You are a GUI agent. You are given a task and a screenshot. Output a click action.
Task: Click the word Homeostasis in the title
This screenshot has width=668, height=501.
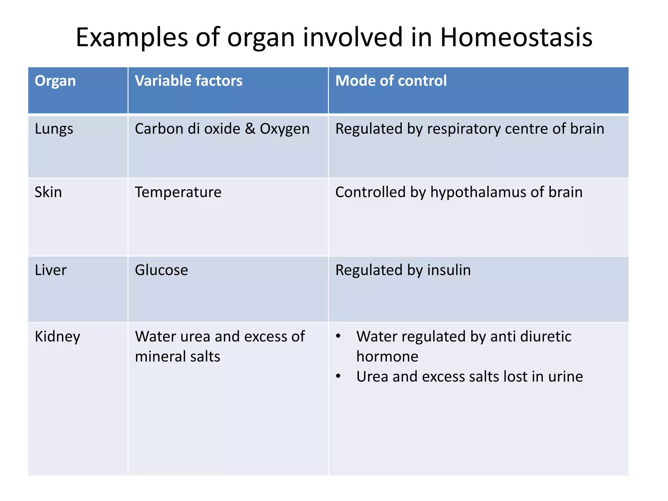pyautogui.click(x=516, y=38)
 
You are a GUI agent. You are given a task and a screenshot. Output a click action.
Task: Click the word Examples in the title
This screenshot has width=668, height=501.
pyautogui.click(x=132, y=38)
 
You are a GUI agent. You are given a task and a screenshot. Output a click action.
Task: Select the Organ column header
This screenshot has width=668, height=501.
pyautogui.click(x=55, y=81)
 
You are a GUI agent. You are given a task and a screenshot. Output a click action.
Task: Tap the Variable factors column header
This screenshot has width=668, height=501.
pyautogui.click(x=189, y=81)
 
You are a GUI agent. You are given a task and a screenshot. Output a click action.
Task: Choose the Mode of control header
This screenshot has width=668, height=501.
pyautogui.click(x=391, y=81)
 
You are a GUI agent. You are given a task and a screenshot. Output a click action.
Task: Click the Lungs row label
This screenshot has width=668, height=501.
pyautogui.click(x=54, y=129)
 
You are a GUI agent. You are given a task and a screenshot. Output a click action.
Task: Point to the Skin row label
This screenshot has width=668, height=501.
pyautogui.click(x=48, y=192)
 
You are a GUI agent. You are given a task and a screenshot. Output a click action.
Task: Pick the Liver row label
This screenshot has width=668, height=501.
pyautogui.click(x=51, y=270)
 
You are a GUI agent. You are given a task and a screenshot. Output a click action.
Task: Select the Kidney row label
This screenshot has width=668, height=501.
pyautogui.click(x=57, y=337)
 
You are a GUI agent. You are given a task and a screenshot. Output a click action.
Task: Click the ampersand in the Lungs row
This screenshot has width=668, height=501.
pyautogui.click(x=250, y=129)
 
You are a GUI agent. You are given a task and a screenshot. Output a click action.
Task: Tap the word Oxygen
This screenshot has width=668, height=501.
pyautogui.click(x=284, y=129)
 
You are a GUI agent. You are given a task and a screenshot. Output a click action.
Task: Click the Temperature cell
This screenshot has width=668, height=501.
pyautogui.click(x=178, y=192)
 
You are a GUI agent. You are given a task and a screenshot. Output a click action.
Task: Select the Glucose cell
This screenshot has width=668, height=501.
pyautogui.click(x=161, y=270)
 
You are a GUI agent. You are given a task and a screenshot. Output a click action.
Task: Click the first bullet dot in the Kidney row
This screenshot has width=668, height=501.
pyautogui.click(x=338, y=336)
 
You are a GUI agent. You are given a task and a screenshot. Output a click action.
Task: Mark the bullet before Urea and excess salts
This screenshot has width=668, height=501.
pyautogui.click(x=338, y=376)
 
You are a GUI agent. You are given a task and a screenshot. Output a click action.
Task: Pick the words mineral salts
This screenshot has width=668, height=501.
pyautogui.click(x=177, y=357)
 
